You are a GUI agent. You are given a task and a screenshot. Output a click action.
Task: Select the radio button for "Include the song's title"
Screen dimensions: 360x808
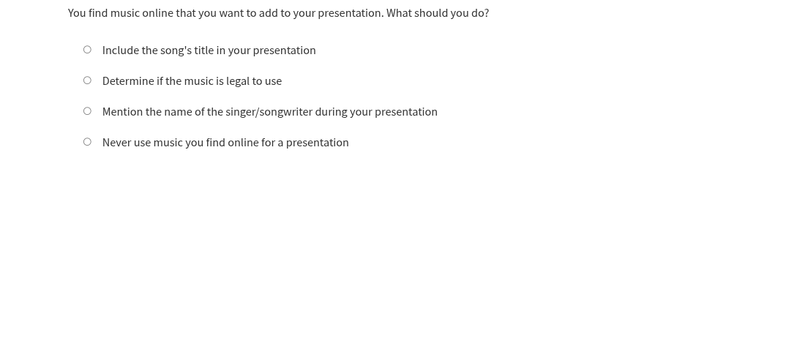coord(87,50)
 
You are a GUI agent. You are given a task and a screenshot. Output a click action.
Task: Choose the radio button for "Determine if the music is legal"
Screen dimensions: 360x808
coord(87,80)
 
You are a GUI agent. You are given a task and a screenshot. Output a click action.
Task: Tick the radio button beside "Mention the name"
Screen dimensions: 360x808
coord(87,111)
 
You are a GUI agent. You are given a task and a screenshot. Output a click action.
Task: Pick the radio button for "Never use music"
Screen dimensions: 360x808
coord(87,142)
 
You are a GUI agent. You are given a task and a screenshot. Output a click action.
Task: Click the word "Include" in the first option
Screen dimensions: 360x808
coord(120,50)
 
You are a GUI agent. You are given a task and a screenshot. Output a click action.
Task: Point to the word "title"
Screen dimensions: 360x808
coord(203,50)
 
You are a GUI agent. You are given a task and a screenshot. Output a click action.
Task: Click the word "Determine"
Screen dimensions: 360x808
coord(128,81)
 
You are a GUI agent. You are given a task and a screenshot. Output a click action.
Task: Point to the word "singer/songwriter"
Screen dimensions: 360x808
coord(269,112)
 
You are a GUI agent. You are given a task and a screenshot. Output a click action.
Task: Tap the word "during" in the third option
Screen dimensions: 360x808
coord(331,112)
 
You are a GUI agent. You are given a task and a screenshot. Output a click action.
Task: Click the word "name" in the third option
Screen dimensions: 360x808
coord(178,112)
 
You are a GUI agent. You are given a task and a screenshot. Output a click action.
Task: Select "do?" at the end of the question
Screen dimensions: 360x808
coord(479,13)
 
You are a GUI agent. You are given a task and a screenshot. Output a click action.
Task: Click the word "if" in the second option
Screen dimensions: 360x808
coord(160,81)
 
